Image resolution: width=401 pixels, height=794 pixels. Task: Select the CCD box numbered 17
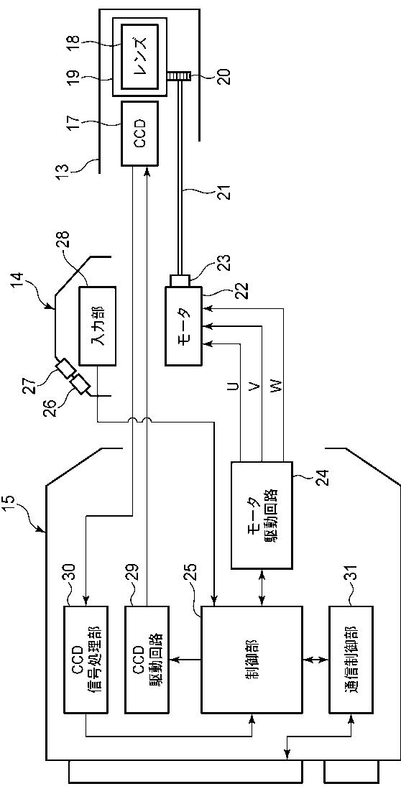pos(139,133)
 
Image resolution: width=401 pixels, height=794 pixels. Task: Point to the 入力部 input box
pos(97,325)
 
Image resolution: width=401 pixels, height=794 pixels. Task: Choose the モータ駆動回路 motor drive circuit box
pos(262,514)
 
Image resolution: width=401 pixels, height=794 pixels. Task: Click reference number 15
pos(16,507)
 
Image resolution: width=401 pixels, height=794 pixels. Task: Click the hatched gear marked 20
pos(178,75)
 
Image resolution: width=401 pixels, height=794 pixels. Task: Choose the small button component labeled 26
pos(80,386)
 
